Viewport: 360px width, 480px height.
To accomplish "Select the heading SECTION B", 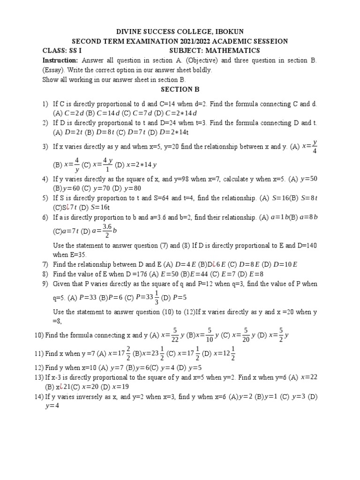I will [180, 89].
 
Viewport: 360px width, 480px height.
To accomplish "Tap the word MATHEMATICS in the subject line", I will [233, 51].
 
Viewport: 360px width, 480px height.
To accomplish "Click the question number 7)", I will [45, 264].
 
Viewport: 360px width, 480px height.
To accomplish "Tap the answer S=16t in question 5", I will [100, 207].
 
